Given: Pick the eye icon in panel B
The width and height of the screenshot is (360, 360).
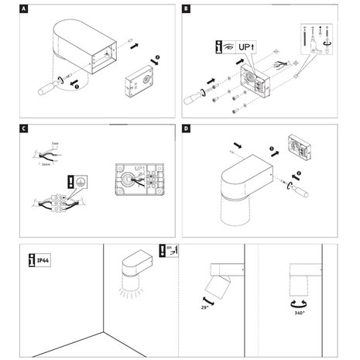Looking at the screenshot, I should click(228, 46).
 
